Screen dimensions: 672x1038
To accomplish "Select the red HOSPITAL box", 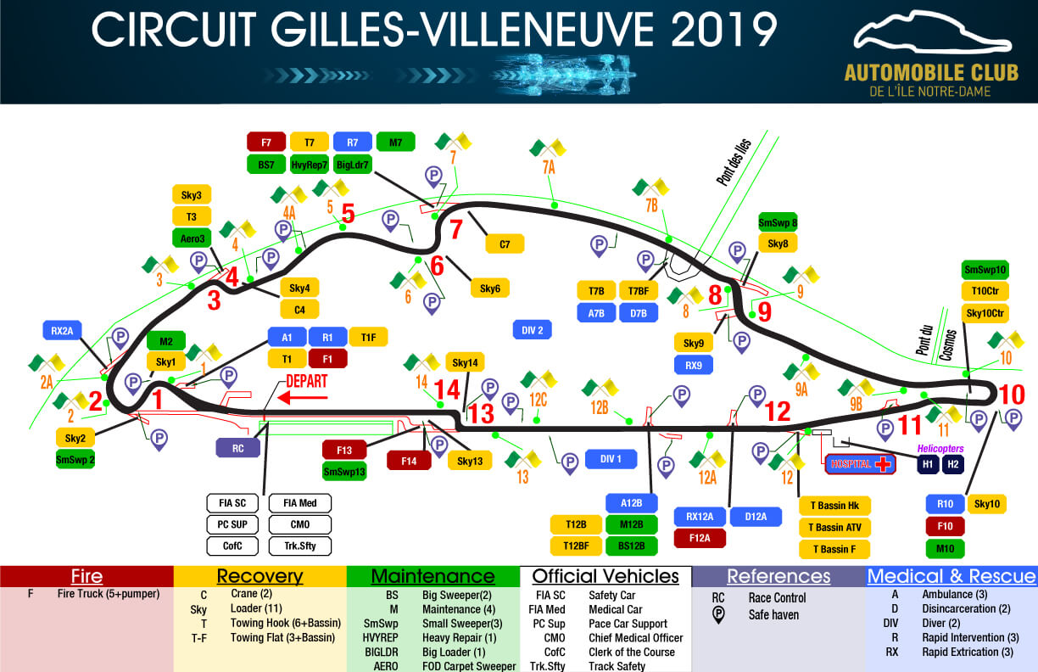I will (x=860, y=464).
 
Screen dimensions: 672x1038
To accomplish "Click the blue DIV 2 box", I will (x=533, y=329).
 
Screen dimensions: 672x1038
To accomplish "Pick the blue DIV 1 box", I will (x=611, y=459).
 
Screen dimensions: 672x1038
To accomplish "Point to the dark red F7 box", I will (x=266, y=142).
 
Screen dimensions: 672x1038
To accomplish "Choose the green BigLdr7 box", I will (x=352, y=164).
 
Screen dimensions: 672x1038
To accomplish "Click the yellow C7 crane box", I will (x=505, y=244).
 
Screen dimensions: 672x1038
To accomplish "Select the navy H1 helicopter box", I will (x=927, y=464).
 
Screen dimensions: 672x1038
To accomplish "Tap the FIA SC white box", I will (x=229, y=503).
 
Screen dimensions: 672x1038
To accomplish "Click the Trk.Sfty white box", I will (x=300, y=546).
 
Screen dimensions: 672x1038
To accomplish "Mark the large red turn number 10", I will (x=1012, y=395).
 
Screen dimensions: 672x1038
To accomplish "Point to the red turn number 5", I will (x=348, y=213).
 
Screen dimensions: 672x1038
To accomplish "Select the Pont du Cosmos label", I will (x=930, y=334).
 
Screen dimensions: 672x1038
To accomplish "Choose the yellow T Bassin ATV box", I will (x=834, y=527).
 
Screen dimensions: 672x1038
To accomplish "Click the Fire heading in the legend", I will (x=86, y=577).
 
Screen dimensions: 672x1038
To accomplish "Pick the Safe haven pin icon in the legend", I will (x=717, y=614).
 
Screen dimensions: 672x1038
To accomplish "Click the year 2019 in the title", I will (x=723, y=31).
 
